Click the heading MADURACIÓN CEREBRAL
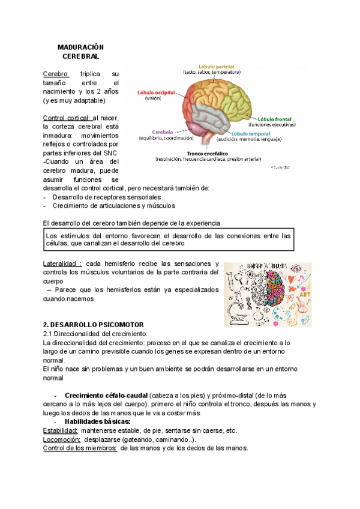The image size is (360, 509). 81,51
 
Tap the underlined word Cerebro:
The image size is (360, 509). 56,74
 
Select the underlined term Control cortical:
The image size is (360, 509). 67,118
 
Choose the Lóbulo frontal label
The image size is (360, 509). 277,119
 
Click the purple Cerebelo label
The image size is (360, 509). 163,131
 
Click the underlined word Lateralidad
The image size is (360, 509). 62,264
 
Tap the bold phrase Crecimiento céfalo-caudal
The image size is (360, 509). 106,396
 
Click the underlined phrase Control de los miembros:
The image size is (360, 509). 80,448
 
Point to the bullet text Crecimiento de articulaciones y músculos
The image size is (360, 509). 114,206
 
